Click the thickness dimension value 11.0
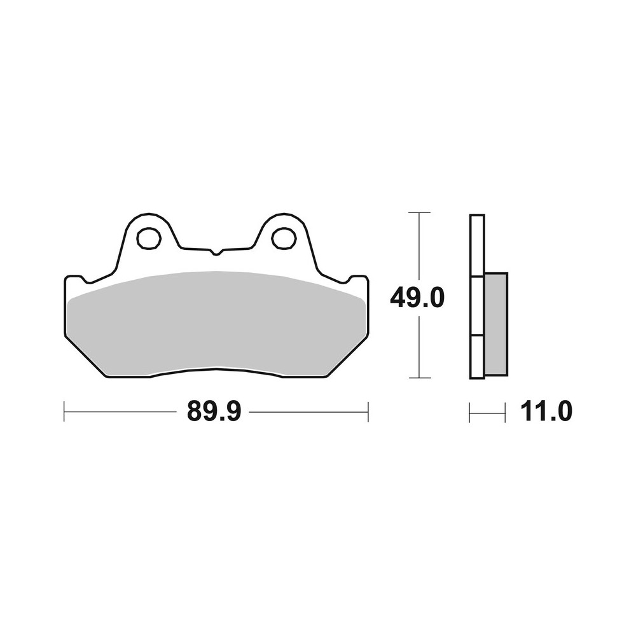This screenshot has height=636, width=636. (x=546, y=412)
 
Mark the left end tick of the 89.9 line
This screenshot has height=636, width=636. (x=64, y=411)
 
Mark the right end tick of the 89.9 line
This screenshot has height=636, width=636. (x=368, y=411)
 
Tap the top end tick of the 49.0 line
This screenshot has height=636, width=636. (x=418, y=212)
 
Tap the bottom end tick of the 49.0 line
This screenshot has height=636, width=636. (x=418, y=378)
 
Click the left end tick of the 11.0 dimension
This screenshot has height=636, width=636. (x=469, y=412)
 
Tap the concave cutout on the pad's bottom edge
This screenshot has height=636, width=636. (x=216, y=371)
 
